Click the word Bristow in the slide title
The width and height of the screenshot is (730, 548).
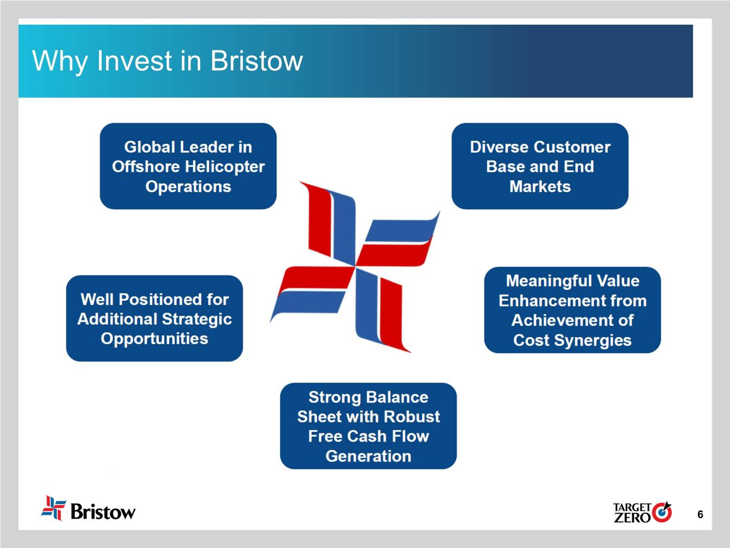point(256,61)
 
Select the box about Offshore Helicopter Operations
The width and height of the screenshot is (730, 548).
point(188,166)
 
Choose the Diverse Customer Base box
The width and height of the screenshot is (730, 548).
point(540,166)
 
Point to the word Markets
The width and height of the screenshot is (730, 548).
point(540,186)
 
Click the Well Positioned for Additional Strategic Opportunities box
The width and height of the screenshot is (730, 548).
point(155,318)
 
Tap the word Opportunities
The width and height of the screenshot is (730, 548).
point(155,339)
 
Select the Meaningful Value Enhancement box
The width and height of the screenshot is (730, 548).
point(572,310)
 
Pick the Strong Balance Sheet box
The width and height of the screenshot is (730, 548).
point(368,426)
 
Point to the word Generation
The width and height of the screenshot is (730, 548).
point(368,456)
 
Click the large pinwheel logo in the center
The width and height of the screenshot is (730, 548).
point(355,267)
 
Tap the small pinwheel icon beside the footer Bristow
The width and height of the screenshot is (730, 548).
point(53,508)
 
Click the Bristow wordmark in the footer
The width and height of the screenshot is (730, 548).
point(103,512)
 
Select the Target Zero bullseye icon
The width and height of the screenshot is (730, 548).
point(662,512)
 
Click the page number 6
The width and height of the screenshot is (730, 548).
point(700,514)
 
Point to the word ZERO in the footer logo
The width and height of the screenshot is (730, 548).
point(632,517)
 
